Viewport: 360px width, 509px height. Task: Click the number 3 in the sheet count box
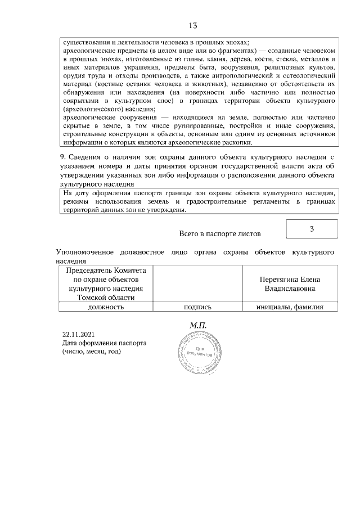pyautogui.click(x=312, y=229)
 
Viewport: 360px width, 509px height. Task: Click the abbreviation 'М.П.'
pyautogui.click(x=199, y=325)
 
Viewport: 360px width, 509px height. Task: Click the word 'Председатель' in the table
pyautogui.click(x=87, y=271)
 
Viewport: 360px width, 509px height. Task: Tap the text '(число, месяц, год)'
pyautogui.click(x=92, y=352)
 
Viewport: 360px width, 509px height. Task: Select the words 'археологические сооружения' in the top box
pyautogui.click(x=106, y=118)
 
